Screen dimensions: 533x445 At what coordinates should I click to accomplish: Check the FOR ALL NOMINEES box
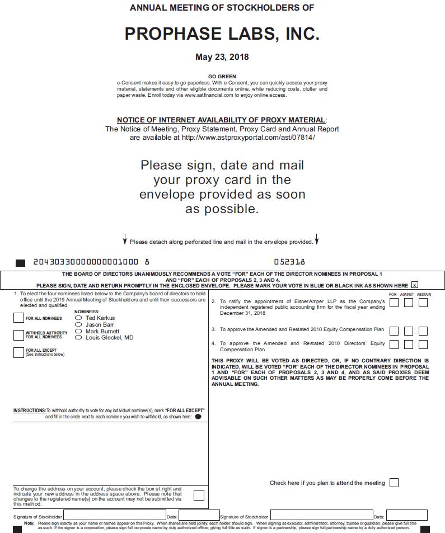click(18, 318)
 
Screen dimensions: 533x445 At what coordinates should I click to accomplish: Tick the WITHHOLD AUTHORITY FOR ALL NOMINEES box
click(18, 335)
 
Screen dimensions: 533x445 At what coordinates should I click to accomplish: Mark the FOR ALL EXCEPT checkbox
click(18, 352)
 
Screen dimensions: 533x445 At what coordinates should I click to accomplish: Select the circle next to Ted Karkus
click(78, 318)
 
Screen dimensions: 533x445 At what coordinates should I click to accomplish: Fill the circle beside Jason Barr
click(78, 325)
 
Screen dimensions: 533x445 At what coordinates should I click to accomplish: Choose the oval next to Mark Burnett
click(78, 331)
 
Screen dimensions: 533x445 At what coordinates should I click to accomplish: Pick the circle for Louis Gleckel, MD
click(78, 338)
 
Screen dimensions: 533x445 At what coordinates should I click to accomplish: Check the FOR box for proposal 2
click(394, 303)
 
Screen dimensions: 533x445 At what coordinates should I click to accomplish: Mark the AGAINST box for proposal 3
click(409, 331)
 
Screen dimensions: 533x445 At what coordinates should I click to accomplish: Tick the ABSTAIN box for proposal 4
click(423, 345)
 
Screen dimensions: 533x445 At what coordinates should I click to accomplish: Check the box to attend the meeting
click(394, 483)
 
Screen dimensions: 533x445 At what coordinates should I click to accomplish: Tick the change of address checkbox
click(198, 495)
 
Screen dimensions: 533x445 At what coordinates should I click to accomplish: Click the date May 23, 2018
click(222, 57)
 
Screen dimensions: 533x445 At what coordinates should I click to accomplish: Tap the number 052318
click(289, 262)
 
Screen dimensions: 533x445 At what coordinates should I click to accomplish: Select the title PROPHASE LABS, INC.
click(222, 34)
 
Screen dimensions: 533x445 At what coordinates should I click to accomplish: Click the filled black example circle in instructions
click(198, 417)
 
